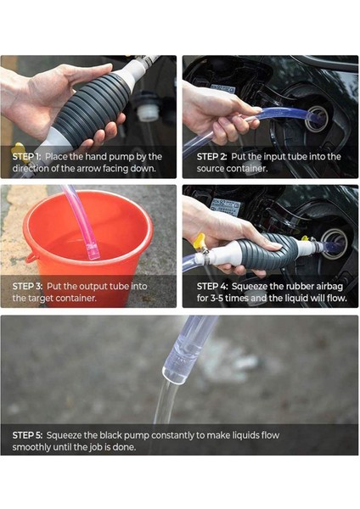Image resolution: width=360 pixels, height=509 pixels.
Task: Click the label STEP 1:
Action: pyautogui.click(x=26, y=157)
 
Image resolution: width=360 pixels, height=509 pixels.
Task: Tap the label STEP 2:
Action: pyautogui.click(x=211, y=157)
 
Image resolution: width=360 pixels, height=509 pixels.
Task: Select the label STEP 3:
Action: pyautogui.click(x=28, y=287)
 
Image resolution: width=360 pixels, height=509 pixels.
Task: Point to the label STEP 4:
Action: pyautogui.click(x=212, y=287)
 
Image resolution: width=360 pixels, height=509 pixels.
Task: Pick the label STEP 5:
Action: pyautogui.click(x=28, y=435)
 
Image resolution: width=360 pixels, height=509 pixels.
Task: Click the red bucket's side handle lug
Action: pyautogui.click(x=32, y=258)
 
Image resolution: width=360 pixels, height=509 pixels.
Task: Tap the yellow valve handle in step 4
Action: pyautogui.click(x=199, y=241)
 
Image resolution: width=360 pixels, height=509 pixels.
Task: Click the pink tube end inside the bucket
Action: pyautogui.click(x=93, y=253)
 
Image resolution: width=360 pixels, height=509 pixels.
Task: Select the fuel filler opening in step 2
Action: pyautogui.click(x=317, y=118)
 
